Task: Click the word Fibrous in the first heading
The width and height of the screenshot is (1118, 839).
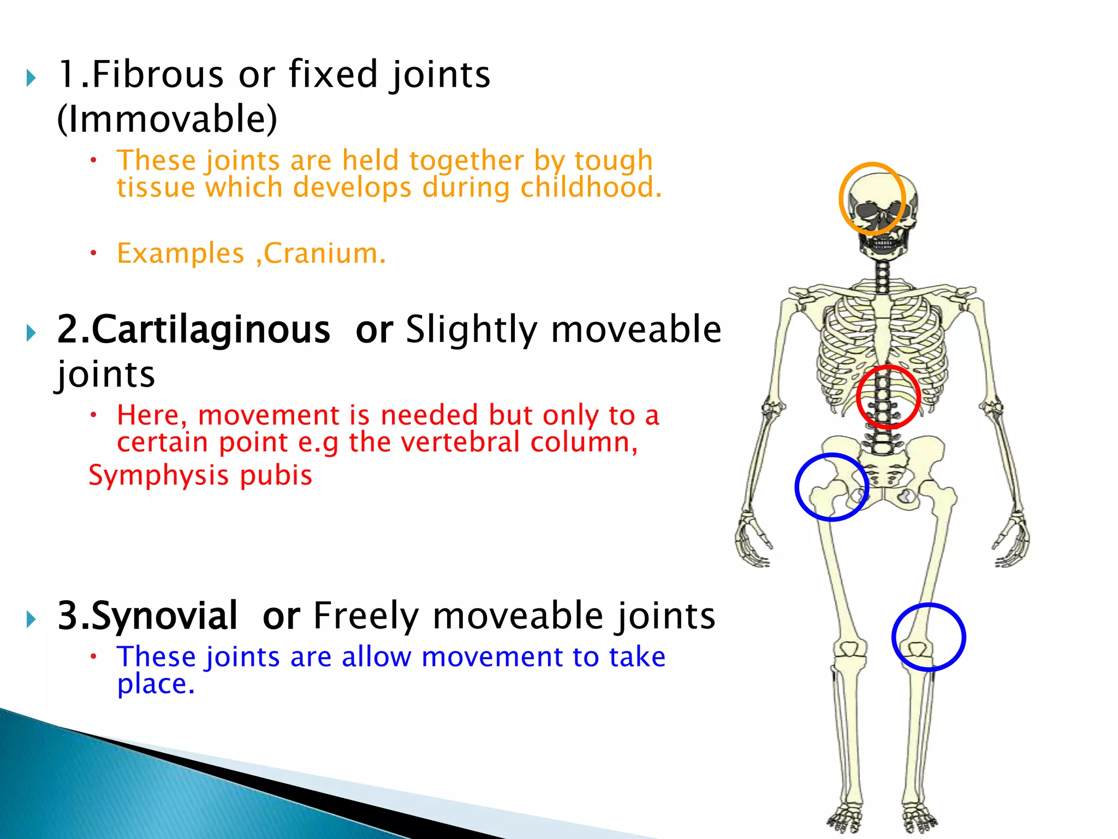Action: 157,74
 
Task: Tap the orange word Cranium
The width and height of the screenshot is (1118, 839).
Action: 324,253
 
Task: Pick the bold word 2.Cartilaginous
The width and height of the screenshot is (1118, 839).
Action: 194,330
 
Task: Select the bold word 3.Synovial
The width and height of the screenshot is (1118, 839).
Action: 147,616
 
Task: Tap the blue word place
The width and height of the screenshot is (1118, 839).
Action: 155,684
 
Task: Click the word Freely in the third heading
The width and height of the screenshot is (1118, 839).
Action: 366,616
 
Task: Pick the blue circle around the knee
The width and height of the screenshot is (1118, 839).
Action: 964,637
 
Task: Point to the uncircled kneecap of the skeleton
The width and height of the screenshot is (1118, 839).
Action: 849,649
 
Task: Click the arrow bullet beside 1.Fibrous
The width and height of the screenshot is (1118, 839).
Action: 31,78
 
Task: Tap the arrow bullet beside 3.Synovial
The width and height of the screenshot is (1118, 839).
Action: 31,619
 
